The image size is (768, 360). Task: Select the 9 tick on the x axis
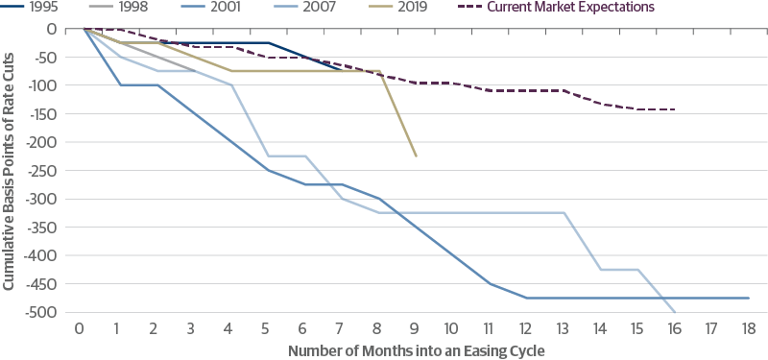pos(415,328)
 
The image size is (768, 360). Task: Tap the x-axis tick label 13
pos(563,328)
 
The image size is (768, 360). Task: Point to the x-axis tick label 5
pos(266,328)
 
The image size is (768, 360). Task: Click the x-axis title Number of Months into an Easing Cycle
pos(417,349)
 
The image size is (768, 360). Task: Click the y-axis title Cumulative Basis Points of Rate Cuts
pos(9,170)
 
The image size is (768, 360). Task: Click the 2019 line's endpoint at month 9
pos(415,156)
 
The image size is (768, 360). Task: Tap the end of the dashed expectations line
pos(675,109)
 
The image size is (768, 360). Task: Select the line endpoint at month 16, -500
pos(675,312)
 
